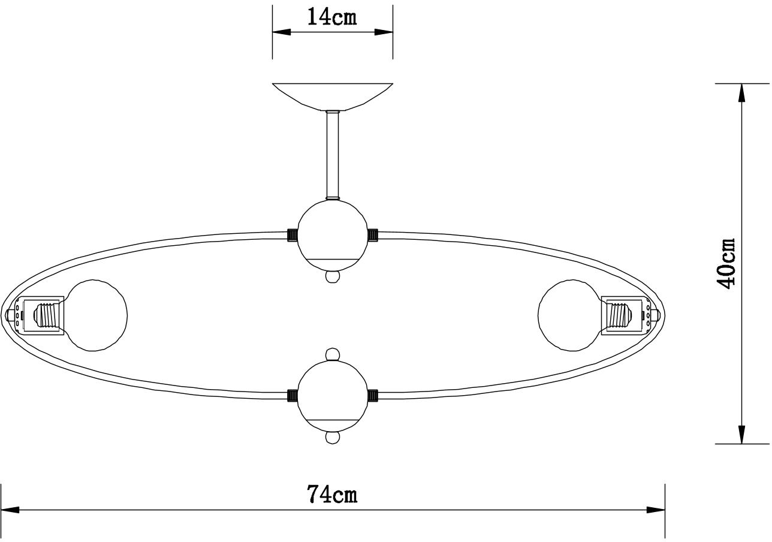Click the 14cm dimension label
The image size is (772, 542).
(332, 17)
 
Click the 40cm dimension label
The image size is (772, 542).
(725, 263)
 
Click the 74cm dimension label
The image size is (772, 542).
(332, 494)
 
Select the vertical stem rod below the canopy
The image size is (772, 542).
(333, 155)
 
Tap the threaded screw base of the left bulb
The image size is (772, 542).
(47, 315)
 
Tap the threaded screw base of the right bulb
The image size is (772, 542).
(619, 315)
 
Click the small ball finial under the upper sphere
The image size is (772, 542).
(333, 277)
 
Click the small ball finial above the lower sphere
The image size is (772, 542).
(333, 354)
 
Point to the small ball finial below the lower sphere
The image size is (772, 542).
(333, 437)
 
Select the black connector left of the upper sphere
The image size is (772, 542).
(292, 235)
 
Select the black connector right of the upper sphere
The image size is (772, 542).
(373, 235)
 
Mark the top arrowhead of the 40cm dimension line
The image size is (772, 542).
(741, 92)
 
